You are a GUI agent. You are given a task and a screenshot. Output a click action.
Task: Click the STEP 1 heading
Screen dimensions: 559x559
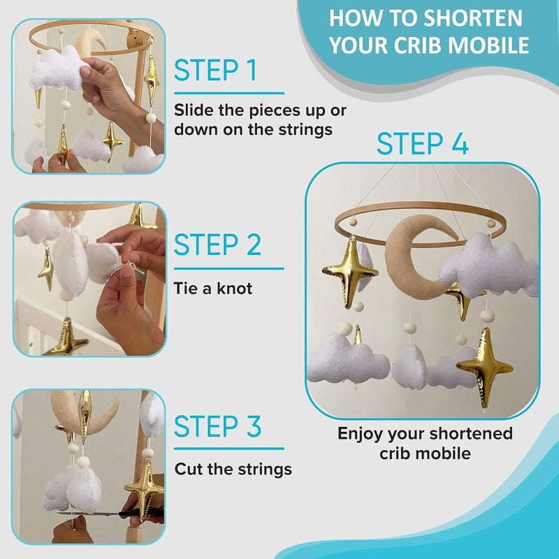(x=216, y=71)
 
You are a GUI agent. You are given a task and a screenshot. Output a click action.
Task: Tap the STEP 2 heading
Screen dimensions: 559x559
(x=217, y=245)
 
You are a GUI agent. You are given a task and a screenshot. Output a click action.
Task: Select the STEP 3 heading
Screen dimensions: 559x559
(x=217, y=426)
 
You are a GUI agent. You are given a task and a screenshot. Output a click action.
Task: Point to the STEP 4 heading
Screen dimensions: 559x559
(x=423, y=143)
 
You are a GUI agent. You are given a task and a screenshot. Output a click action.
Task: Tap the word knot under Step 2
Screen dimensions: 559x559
(x=235, y=288)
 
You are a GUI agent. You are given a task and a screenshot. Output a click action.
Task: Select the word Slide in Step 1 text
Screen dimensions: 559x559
(x=194, y=110)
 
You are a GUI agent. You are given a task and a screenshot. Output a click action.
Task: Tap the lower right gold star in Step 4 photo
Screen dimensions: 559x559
(x=485, y=368)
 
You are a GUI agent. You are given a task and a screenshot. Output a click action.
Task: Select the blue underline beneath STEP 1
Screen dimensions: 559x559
(x=229, y=94)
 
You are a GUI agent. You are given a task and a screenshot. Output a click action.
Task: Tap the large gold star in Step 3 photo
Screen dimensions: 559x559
(x=143, y=489)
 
